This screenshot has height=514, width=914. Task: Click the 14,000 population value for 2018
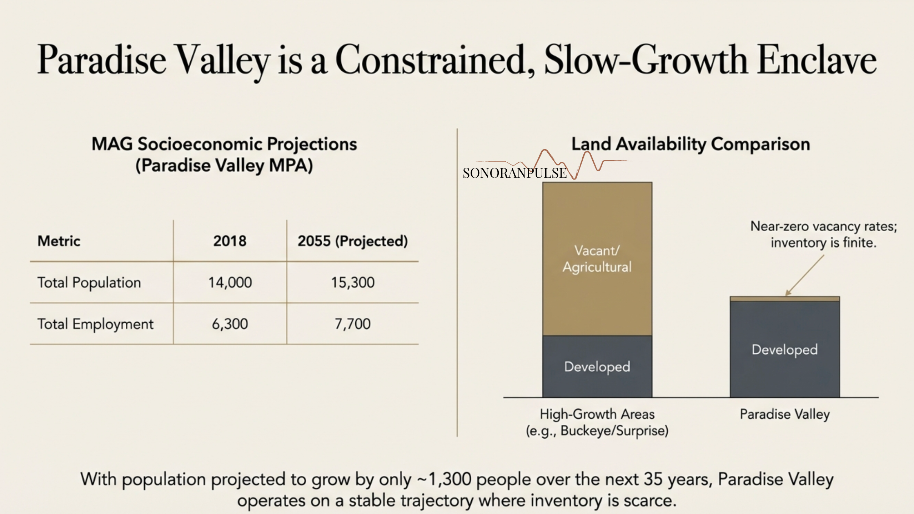click(230, 283)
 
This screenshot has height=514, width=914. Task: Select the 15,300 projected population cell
click(353, 283)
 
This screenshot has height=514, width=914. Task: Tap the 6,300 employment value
click(230, 324)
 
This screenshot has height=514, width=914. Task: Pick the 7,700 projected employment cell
click(353, 324)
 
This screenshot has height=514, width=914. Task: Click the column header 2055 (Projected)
click(353, 241)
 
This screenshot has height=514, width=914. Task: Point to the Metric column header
click(59, 241)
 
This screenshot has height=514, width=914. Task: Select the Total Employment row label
click(95, 324)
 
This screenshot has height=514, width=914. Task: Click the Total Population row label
click(89, 283)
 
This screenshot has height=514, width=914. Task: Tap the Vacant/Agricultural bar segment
click(597, 259)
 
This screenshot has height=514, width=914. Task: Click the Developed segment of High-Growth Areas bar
click(597, 367)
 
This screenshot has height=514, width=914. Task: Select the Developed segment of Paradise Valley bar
click(784, 350)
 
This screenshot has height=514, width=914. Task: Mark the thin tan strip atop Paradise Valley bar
click(784, 299)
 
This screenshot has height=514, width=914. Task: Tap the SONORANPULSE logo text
click(514, 173)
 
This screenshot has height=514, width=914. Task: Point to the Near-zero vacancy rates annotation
click(823, 235)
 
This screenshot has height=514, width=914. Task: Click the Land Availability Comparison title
click(690, 144)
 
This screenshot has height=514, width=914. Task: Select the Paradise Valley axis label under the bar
click(784, 414)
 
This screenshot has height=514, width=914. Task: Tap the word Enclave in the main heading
click(817, 60)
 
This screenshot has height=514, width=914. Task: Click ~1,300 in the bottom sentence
click(445, 479)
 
